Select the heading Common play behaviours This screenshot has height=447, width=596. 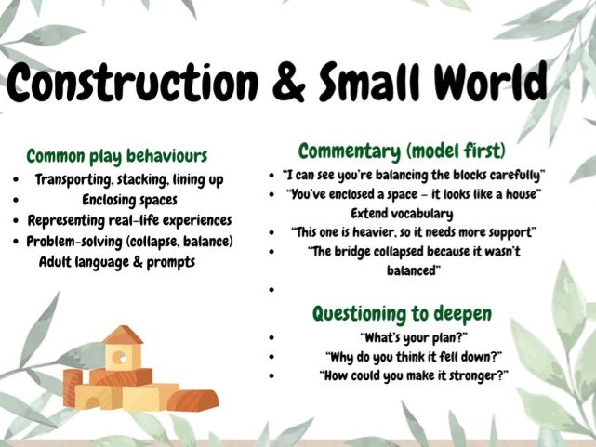(116, 156)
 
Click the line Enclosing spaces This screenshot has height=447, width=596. (129, 200)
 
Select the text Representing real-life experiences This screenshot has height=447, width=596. (129, 221)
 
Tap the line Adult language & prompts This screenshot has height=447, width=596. (117, 262)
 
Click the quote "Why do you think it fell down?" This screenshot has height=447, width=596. (414, 356)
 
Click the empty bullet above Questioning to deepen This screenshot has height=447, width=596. (270, 289)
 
